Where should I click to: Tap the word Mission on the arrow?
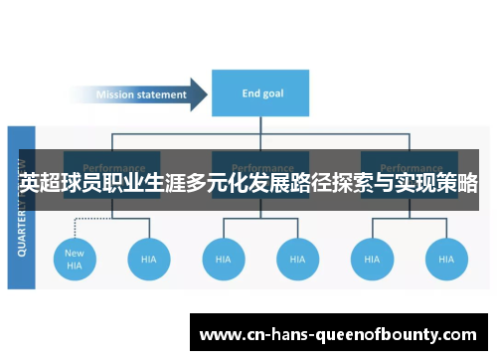[114, 95]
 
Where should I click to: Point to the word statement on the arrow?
[160, 95]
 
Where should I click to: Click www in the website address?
[218, 335]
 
